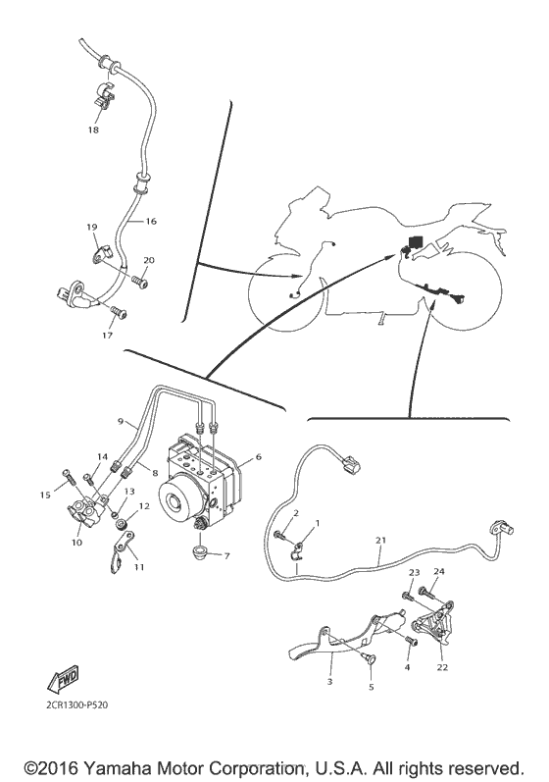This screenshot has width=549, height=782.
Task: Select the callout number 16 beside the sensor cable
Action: click(x=151, y=222)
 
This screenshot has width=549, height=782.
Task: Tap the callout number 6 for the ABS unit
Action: click(x=258, y=457)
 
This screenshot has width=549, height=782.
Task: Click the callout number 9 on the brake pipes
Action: click(x=122, y=421)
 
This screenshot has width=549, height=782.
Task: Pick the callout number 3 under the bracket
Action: click(x=331, y=681)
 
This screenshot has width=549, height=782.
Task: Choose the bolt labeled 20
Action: click(x=141, y=283)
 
